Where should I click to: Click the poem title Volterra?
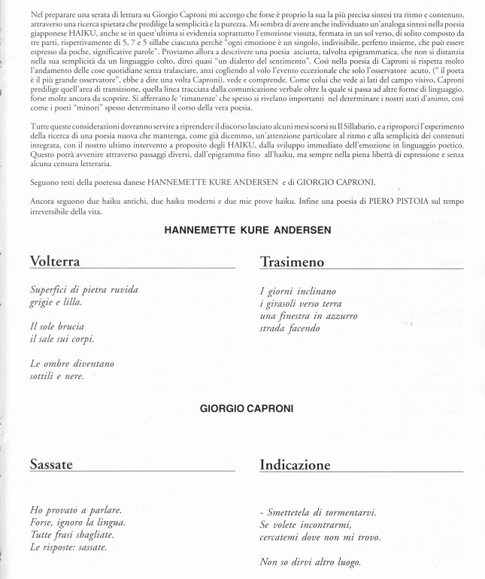coord(56,262)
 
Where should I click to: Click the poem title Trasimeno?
coord(292,262)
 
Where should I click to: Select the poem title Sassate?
coord(51,465)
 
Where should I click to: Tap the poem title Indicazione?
coord(295,465)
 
